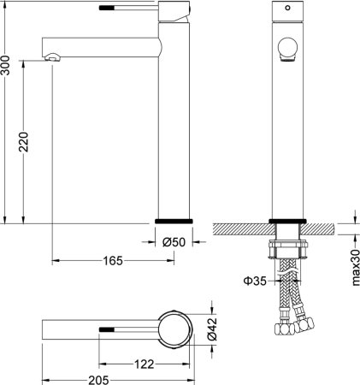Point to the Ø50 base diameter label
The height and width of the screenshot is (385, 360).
(175, 243)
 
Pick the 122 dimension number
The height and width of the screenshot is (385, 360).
(145, 364)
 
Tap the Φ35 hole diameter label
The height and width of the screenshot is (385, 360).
(254, 279)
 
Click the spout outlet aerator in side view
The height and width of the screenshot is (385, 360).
(53, 58)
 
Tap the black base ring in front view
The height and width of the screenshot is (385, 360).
(286, 221)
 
